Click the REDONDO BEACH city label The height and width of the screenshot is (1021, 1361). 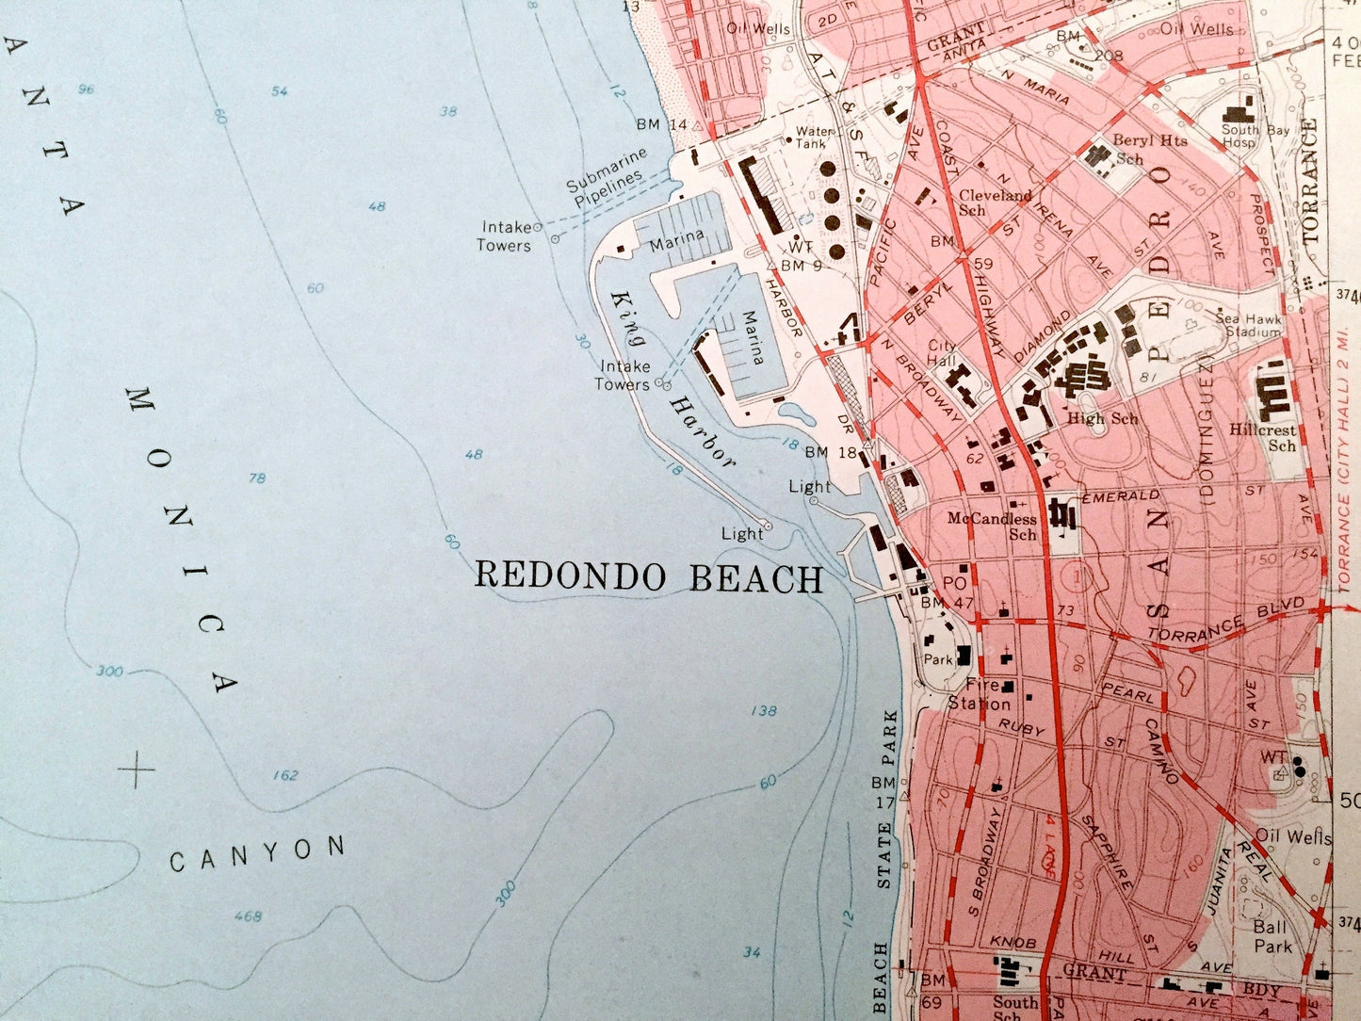click(648, 576)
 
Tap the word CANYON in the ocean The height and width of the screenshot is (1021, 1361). click(257, 853)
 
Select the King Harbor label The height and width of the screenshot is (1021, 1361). click(672, 377)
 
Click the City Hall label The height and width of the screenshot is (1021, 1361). click(942, 353)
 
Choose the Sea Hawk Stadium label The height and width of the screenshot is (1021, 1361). click(1248, 325)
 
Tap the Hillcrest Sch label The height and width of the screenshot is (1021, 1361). click(1263, 437)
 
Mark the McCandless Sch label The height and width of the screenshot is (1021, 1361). click(992, 526)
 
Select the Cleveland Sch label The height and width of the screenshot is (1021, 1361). click(995, 202)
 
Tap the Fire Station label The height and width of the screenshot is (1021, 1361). click(980, 694)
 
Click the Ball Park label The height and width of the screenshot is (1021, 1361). click(1272, 936)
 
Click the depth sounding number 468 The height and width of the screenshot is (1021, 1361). click(248, 916)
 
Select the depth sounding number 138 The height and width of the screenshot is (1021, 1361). click(764, 710)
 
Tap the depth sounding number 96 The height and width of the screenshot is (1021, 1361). click(87, 89)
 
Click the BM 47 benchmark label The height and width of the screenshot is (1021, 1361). click(947, 602)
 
